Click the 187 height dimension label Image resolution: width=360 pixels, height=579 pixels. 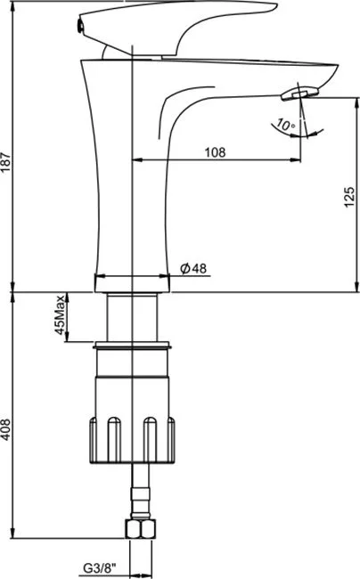tap(6, 161)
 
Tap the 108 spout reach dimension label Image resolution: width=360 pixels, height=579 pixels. tap(215, 151)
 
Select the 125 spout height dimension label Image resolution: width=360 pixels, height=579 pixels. tap(349, 197)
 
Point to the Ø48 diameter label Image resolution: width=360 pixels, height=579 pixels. tap(193, 268)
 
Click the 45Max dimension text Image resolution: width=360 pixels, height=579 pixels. tap(61, 314)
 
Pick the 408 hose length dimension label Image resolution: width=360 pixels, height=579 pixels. tap(6, 429)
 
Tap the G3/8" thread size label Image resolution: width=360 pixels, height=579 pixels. tap(100, 568)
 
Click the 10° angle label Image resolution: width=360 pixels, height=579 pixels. tap(286, 125)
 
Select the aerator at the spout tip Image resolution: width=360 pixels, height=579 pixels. tap(299, 93)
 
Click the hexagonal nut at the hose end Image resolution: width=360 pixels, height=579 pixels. tap(141, 529)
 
